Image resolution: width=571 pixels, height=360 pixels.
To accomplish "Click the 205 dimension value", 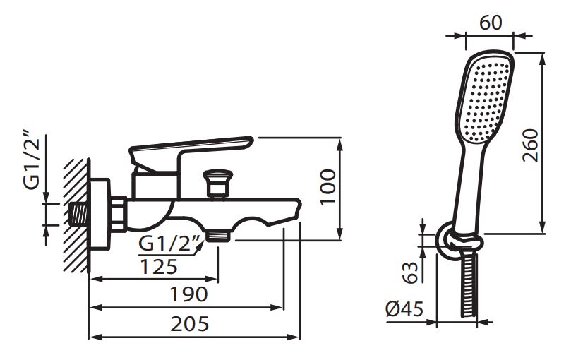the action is pos(190,323).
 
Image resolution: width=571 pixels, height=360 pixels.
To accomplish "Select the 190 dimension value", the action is pos(189,294).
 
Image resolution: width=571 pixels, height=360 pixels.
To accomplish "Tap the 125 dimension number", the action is pos(159,267).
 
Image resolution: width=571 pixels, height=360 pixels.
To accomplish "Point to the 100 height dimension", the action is pos(328,187).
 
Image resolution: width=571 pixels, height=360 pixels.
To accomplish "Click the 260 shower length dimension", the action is pos(530,145).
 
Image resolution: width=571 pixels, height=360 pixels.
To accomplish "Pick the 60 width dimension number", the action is pos(491,23).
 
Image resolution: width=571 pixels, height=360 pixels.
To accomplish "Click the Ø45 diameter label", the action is pos(404,310).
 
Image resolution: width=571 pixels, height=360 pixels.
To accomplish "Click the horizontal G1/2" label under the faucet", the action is pos(169,244).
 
